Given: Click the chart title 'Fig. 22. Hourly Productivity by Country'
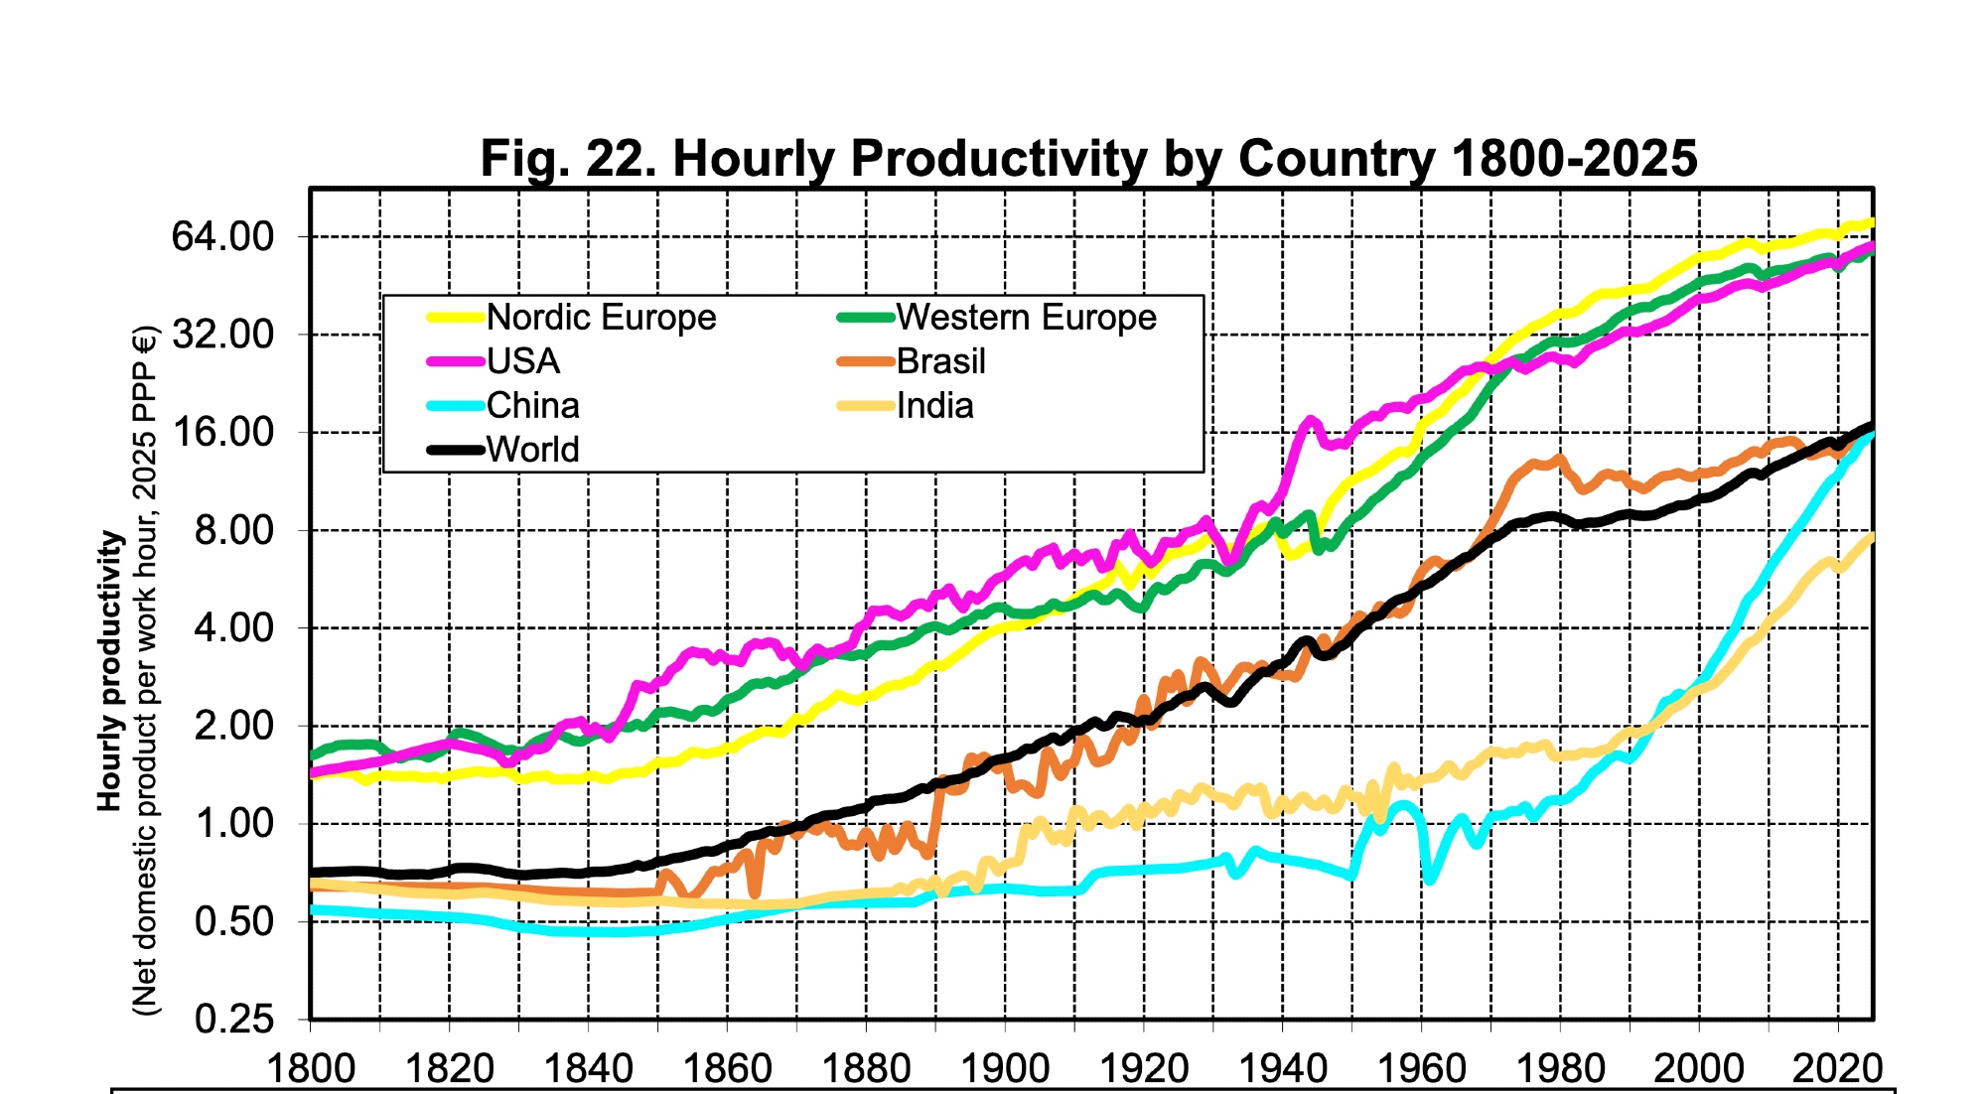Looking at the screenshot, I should tap(1088, 158).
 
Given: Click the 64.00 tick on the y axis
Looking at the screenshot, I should tap(222, 237).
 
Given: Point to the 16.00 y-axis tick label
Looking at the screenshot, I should tap(222, 433).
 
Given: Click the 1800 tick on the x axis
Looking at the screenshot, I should tap(311, 1068).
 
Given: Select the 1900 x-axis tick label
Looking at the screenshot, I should tap(1005, 1068).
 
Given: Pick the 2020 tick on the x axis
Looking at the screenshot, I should tap(1837, 1068).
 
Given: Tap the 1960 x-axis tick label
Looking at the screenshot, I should tap(1421, 1068).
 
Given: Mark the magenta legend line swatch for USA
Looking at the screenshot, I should tap(455, 361).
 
